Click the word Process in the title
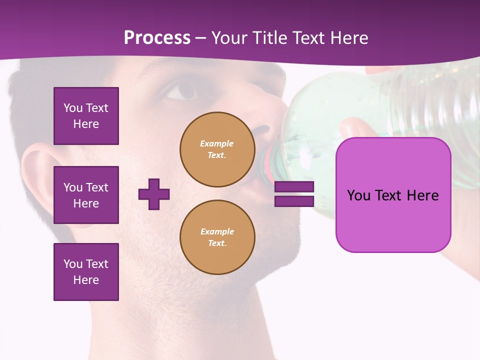[157, 37]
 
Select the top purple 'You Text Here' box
[86, 116]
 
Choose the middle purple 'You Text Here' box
[86, 195]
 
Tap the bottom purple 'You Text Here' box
[86, 271]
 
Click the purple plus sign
[154, 194]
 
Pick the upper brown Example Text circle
[217, 149]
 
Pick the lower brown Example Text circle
[217, 237]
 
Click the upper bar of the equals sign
[294, 186]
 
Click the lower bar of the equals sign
[294, 201]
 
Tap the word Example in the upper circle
[216, 143]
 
